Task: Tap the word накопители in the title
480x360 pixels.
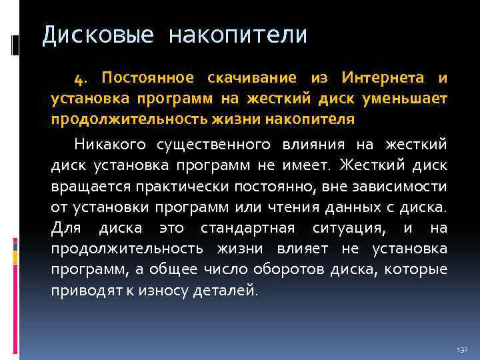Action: (238, 35)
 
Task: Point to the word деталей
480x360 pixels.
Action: (229, 290)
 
